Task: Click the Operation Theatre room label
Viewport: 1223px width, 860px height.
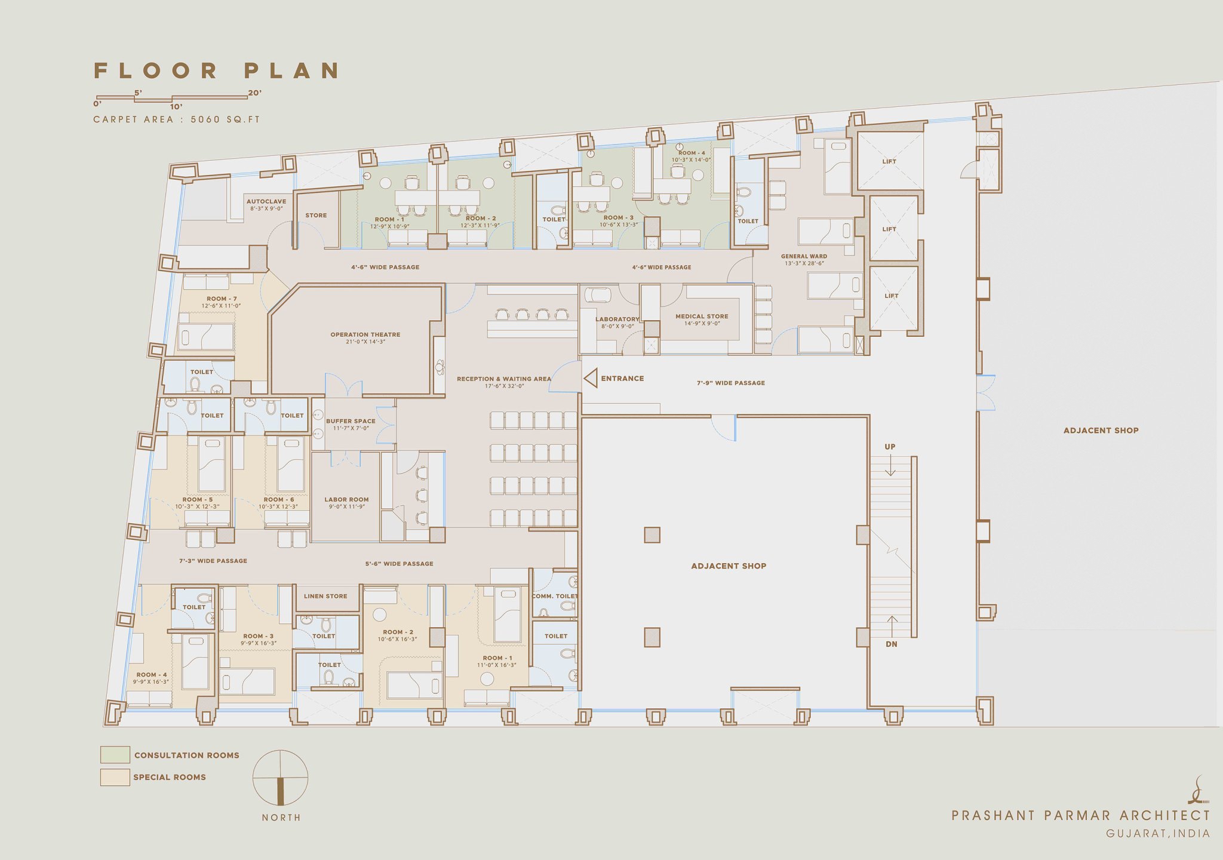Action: [365, 335]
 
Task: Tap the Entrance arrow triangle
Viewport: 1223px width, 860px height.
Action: [591, 379]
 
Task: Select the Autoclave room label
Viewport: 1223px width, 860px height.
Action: [266, 202]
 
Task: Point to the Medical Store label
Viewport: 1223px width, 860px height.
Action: [702, 317]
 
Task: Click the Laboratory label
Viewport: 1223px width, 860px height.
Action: [617, 320]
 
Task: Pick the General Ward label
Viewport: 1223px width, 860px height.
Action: [804, 257]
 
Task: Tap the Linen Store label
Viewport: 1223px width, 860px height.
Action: [325, 596]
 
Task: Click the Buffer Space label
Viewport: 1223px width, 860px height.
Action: [351, 421]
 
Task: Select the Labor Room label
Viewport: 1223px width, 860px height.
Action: [346, 500]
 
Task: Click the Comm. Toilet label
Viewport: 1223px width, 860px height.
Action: [554, 596]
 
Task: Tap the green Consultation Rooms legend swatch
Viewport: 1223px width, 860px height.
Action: [115, 755]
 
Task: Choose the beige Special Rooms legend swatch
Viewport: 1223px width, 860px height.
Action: [115, 777]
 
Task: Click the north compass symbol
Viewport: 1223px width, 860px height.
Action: [280, 778]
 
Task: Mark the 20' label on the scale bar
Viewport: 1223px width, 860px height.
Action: [254, 93]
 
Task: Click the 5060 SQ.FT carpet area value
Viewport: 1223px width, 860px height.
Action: [225, 119]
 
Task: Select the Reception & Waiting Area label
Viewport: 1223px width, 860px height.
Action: [503, 379]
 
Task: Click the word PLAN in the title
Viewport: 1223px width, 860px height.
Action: [293, 70]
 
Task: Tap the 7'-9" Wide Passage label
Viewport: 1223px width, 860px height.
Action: [730, 383]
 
